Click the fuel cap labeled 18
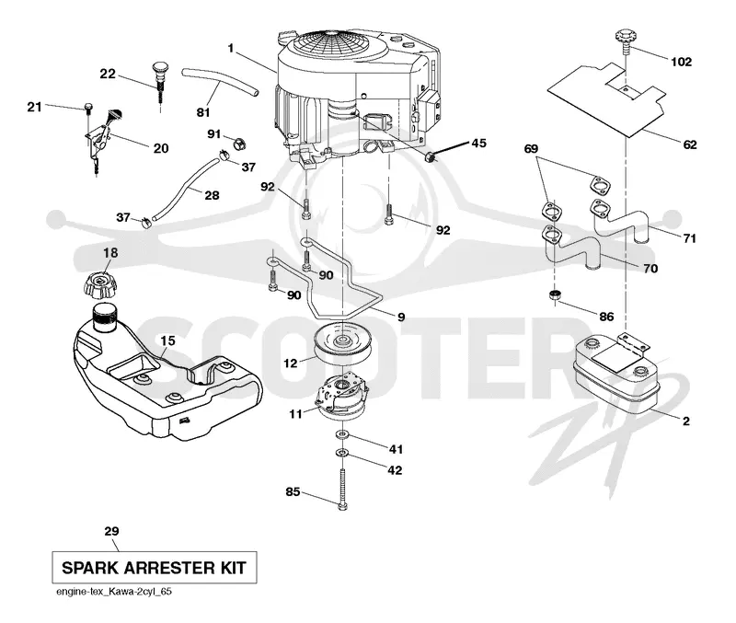99,284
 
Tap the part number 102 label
681,62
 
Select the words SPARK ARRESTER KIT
154,568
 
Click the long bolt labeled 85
342,490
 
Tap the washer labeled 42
342,453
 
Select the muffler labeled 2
615,374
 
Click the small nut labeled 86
556,295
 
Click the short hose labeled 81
220,81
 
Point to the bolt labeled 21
87,108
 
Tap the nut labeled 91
240,142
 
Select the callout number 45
478,143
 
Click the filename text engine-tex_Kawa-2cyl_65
114,592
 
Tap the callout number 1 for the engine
231,48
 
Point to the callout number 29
111,531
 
